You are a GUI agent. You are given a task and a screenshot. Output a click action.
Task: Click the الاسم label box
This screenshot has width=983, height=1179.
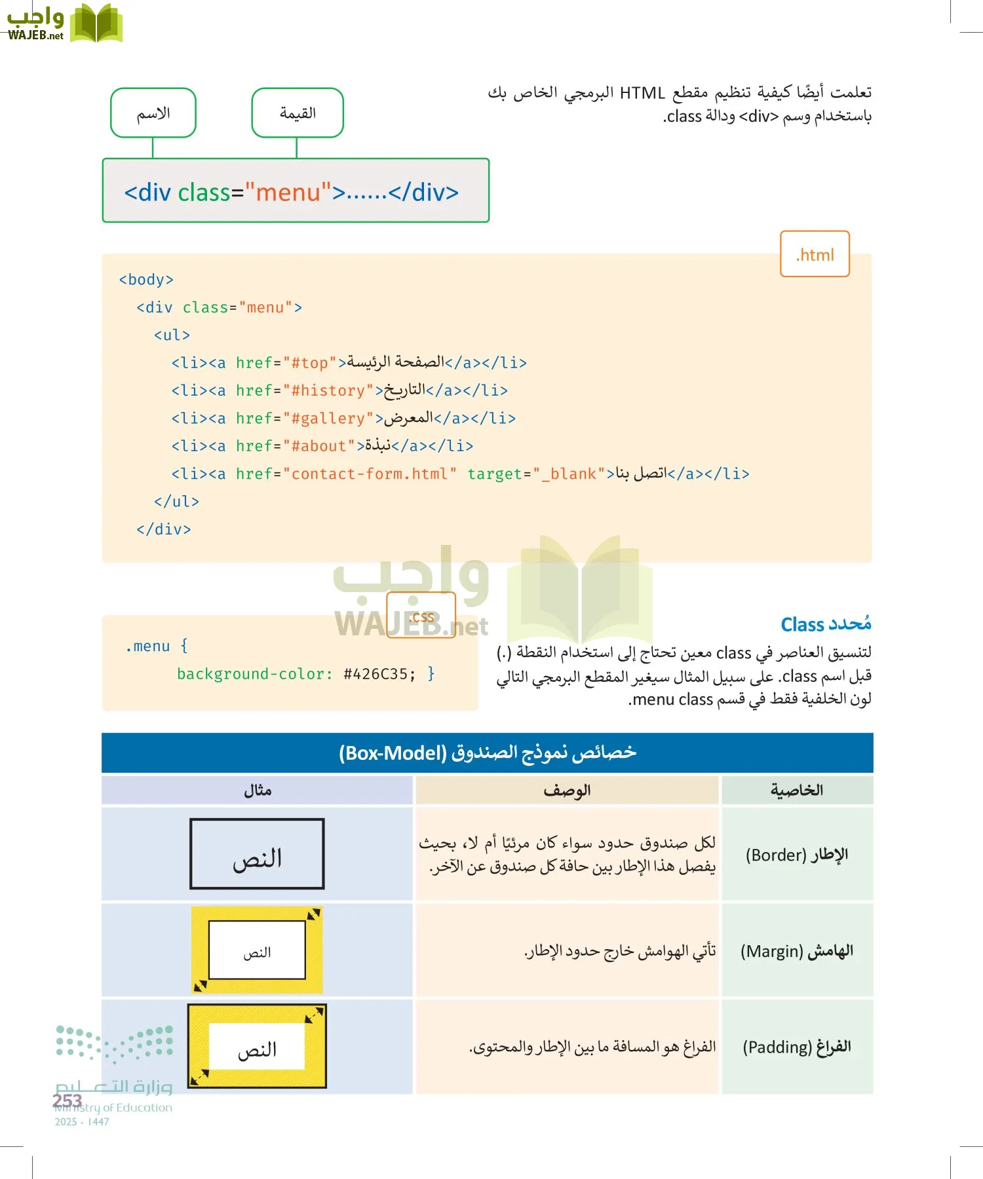pyautogui.click(x=153, y=113)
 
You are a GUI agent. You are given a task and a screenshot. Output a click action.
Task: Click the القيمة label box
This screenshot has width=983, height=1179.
pyautogui.click(x=298, y=113)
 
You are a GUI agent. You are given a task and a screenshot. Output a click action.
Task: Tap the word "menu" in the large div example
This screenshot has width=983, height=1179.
pyautogui.click(x=288, y=193)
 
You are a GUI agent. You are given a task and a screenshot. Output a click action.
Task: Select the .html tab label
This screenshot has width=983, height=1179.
pyautogui.click(x=815, y=254)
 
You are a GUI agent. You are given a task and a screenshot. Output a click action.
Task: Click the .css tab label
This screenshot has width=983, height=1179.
pyautogui.click(x=421, y=616)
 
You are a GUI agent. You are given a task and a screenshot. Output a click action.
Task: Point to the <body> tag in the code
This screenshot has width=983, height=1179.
pyautogui.click(x=146, y=280)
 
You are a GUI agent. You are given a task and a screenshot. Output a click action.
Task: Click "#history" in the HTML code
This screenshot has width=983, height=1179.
pyautogui.click(x=328, y=391)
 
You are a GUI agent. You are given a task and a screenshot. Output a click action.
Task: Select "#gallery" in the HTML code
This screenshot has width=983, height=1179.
pyautogui.click(x=328, y=419)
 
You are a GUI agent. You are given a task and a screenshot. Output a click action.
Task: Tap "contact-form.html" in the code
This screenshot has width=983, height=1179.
pyautogui.click(x=370, y=474)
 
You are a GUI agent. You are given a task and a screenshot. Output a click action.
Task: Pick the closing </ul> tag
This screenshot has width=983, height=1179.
pyautogui.click(x=176, y=502)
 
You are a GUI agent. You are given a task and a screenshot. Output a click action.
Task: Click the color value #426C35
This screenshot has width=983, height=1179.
pyautogui.click(x=379, y=674)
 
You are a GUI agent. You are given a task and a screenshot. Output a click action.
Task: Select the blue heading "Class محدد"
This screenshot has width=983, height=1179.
pyautogui.click(x=826, y=624)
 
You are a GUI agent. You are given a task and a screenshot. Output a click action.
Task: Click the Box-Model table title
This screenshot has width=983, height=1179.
pyautogui.click(x=488, y=753)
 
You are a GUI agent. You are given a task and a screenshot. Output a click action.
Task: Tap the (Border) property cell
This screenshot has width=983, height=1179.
pyautogui.click(x=797, y=855)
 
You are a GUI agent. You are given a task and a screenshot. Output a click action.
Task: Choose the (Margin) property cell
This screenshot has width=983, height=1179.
pyautogui.click(x=797, y=951)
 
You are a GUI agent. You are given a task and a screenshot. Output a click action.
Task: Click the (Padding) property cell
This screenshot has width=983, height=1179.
pyautogui.click(x=797, y=1047)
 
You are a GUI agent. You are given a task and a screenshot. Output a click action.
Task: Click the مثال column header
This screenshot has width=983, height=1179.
pyautogui.click(x=258, y=791)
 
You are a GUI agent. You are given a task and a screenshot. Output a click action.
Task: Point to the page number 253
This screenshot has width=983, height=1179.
pyautogui.click(x=67, y=1100)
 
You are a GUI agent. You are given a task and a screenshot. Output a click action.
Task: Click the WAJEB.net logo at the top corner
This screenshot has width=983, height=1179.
pyautogui.click(x=64, y=24)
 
